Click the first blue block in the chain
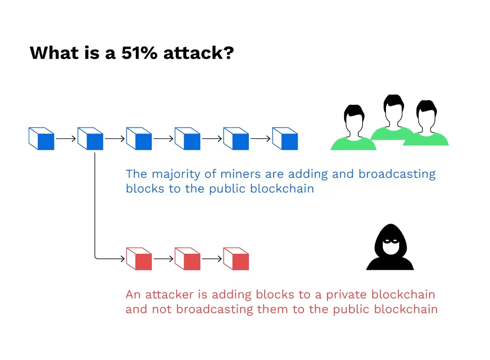pos(41,138)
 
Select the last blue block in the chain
pos(285,138)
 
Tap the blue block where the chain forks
pos(90,138)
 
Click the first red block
pos(139,258)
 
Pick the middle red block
pos(187,258)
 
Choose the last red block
pos(236,258)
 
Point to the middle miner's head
pos(393,107)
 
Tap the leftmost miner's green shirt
pos(353,144)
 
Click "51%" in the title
pos(139,53)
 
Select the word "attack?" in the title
pos(198,53)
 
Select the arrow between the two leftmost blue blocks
pos(66,138)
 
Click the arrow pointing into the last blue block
pos(261,138)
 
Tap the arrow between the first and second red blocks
pos(163,259)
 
